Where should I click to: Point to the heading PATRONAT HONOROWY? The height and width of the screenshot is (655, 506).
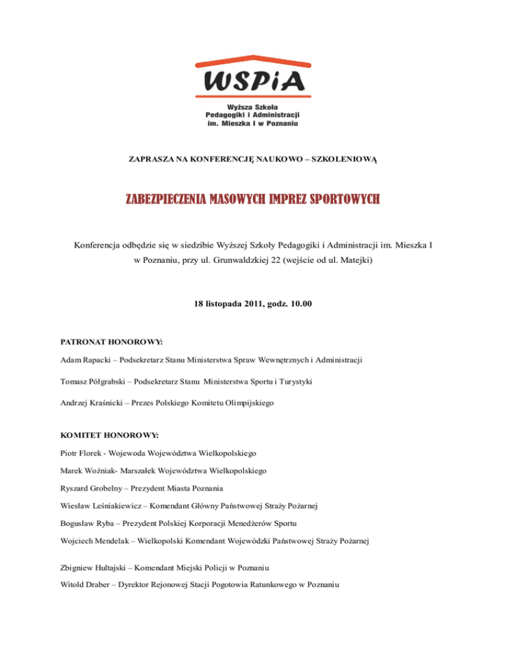(x=111, y=343)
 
